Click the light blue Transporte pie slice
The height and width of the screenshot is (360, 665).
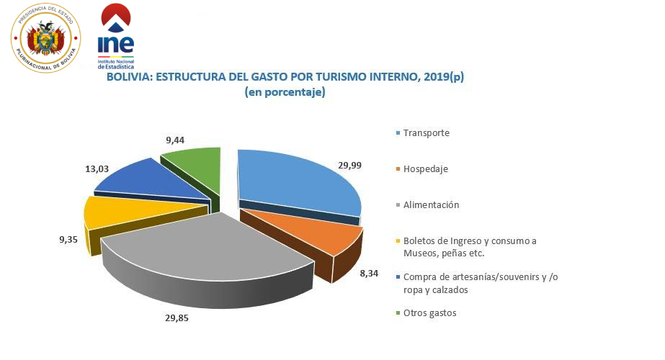(x=295, y=184)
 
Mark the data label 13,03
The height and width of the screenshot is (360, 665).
(x=96, y=169)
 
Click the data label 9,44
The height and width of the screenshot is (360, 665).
(x=177, y=140)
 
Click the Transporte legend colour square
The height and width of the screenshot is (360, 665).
(x=398, y=134)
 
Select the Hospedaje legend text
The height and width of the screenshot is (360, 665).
(x=426, y=169)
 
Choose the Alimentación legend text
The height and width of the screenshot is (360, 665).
(x=431, y=205)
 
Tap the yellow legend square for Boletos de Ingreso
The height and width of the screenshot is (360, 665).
(x=398, y=241)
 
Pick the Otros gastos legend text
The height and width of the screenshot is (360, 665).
(x=429, y=313)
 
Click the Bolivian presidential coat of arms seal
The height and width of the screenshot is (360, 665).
(x=45, y=37)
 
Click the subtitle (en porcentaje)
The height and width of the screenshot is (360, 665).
(x=285, y=92)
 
